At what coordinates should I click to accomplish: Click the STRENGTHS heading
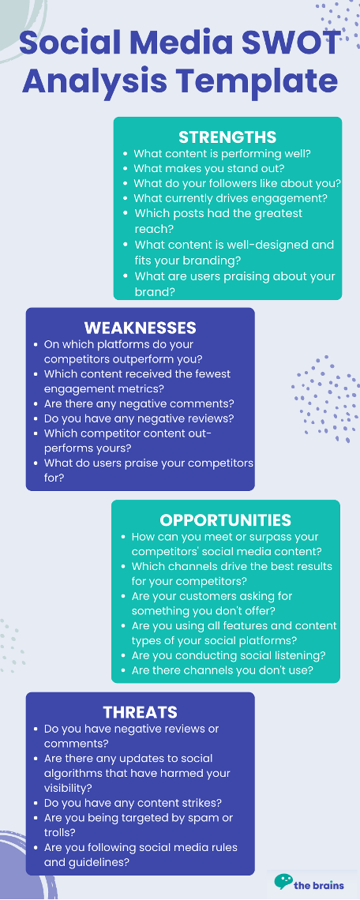tap(227, 137)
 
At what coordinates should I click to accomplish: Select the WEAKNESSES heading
tap(140, 328)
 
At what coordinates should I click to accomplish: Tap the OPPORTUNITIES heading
tap(226, 520)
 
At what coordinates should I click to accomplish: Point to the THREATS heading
tap(140, 712)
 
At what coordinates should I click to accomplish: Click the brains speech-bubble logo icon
tap(283, 882)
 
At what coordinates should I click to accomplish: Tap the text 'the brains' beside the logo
tap(319, 884)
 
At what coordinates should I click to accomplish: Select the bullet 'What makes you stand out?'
tap(209, 169)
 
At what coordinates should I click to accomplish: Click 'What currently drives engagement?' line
tap(231, 199)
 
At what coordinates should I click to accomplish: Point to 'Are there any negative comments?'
tap(139, 403)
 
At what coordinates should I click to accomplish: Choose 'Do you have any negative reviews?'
tap(139, 418)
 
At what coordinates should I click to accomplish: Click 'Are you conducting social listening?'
tap(228, 655)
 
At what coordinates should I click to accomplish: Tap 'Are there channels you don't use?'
tap(223, 669)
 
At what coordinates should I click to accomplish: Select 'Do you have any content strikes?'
tap(133, 802)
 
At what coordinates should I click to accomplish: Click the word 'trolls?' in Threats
tap(60, 832)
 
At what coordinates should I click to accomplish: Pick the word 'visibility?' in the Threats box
tap(69, 788)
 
